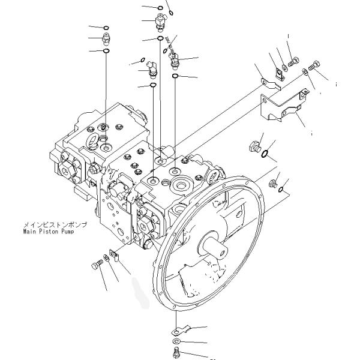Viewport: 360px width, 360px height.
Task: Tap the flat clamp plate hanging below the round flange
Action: tap(181, 329)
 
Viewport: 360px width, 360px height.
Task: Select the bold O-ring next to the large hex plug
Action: tap(265, 156)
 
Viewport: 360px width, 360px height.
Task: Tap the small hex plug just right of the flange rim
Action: tap(274, 183)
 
